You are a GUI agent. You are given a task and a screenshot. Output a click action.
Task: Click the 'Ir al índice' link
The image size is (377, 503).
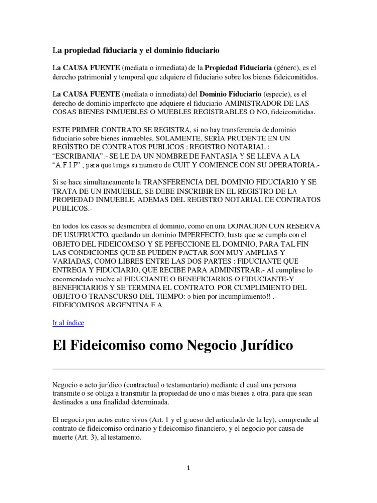coord(68,323)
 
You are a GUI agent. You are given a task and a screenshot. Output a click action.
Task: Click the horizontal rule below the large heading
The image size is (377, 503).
coord(188,368)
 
